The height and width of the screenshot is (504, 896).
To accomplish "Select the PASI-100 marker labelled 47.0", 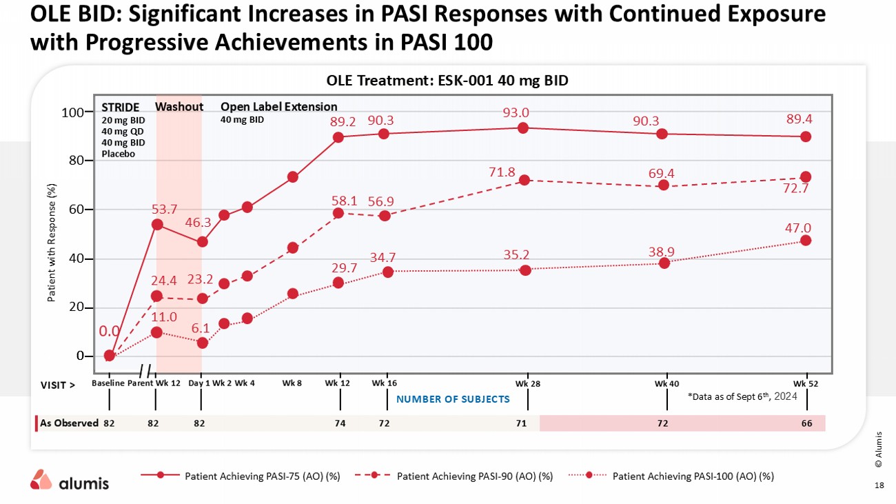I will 805,241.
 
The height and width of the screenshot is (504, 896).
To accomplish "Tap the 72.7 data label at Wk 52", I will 797,190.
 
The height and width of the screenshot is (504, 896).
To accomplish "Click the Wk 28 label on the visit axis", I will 527,383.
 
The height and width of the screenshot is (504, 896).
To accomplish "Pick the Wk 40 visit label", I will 666,383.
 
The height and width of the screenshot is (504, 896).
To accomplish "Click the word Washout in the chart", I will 179,107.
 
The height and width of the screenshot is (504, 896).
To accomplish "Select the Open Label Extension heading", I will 278,107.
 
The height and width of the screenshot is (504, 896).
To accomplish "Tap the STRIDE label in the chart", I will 120,107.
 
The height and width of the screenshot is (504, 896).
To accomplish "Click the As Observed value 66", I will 806,423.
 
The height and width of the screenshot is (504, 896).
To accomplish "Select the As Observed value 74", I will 340,423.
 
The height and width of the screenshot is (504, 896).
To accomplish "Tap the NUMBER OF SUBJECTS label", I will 453,399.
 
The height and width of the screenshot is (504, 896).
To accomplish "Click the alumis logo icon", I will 41,479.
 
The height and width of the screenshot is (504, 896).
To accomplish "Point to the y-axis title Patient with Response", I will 51,243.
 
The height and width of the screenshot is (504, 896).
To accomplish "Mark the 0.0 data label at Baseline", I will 110,332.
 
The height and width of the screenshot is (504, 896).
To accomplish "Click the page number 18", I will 878,485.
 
